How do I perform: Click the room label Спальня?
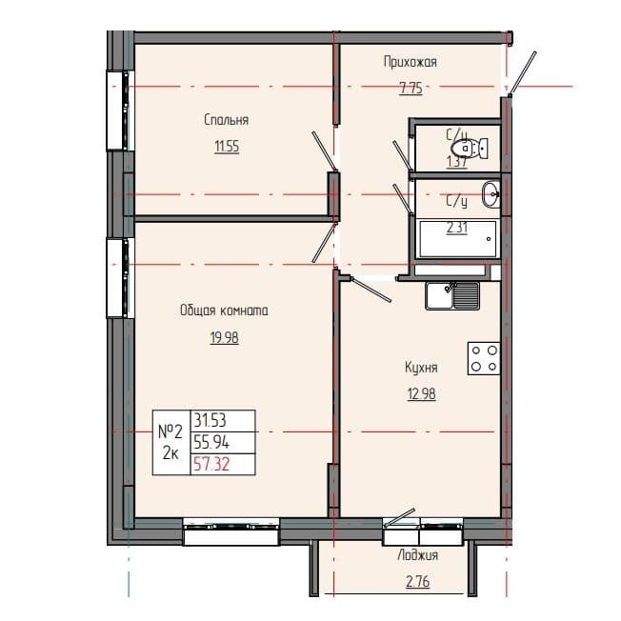point(226,120)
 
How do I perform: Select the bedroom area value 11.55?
point(226,148)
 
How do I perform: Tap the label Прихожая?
point(410,62)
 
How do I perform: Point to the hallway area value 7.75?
point(410,89)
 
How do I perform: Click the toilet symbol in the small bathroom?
point(467,149)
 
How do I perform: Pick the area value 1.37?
point(457,163)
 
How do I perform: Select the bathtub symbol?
point(457,239)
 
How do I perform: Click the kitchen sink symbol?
point(452,295)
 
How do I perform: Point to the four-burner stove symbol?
point(483,358)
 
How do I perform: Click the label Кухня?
point(420,367)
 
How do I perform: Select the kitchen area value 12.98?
point(420,393)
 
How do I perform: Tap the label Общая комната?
point(224,310)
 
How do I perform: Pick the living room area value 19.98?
point(224,337)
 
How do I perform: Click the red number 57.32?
point(212,465)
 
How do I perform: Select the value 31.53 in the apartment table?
point(212,420)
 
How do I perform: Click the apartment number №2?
point(171,431)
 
